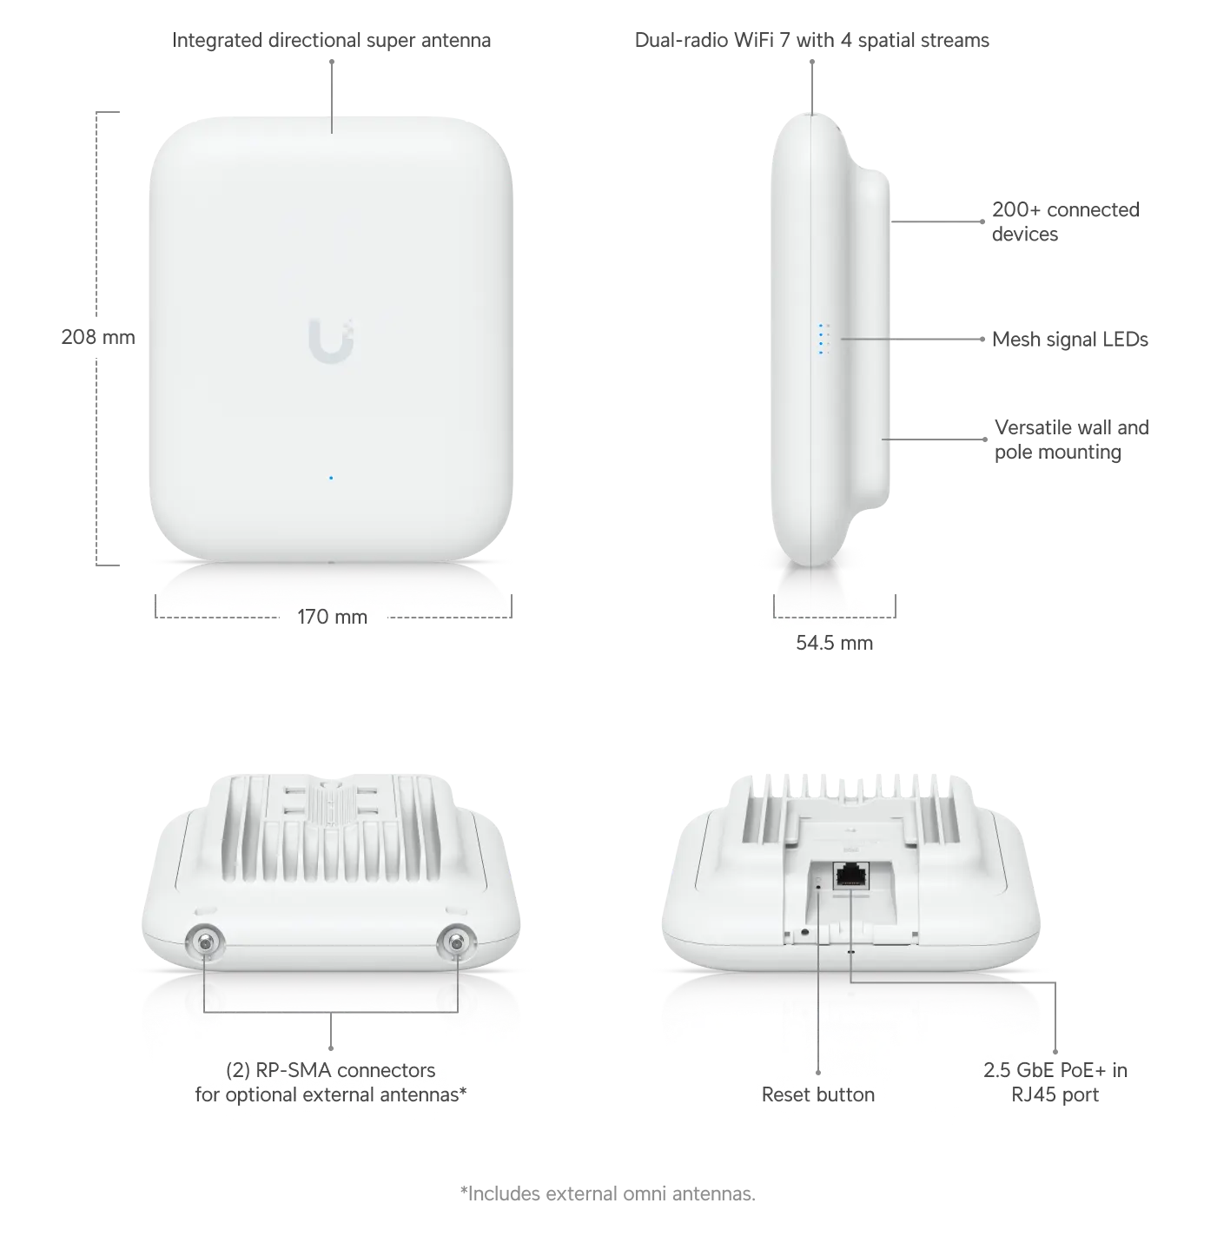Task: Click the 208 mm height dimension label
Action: coord(98,337)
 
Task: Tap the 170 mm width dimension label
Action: coord(332,617)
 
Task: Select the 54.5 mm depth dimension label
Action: coord(834,642)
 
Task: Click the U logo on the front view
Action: coord(331,340)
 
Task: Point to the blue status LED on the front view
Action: coord(331,478)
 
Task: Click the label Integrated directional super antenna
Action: coord(331,40)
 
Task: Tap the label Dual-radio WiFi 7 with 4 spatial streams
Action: coord(811,40)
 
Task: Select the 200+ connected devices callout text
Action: coord(1065,221)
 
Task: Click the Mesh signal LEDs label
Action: coord(1070,339)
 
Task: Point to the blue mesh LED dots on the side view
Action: coord(823,339)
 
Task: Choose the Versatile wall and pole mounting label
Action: coord(1072,440)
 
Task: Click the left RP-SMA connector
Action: coord(205,943)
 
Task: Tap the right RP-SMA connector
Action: coord(456,943)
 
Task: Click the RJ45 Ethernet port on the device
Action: coord(851,876)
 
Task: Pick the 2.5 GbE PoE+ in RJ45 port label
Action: coord(1055,1081)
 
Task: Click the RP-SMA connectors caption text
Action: coord(331,1081)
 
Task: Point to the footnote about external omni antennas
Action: coord(607,1193)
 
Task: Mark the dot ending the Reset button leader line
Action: coord(818,1072)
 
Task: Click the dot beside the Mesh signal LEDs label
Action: coord(982,339)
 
